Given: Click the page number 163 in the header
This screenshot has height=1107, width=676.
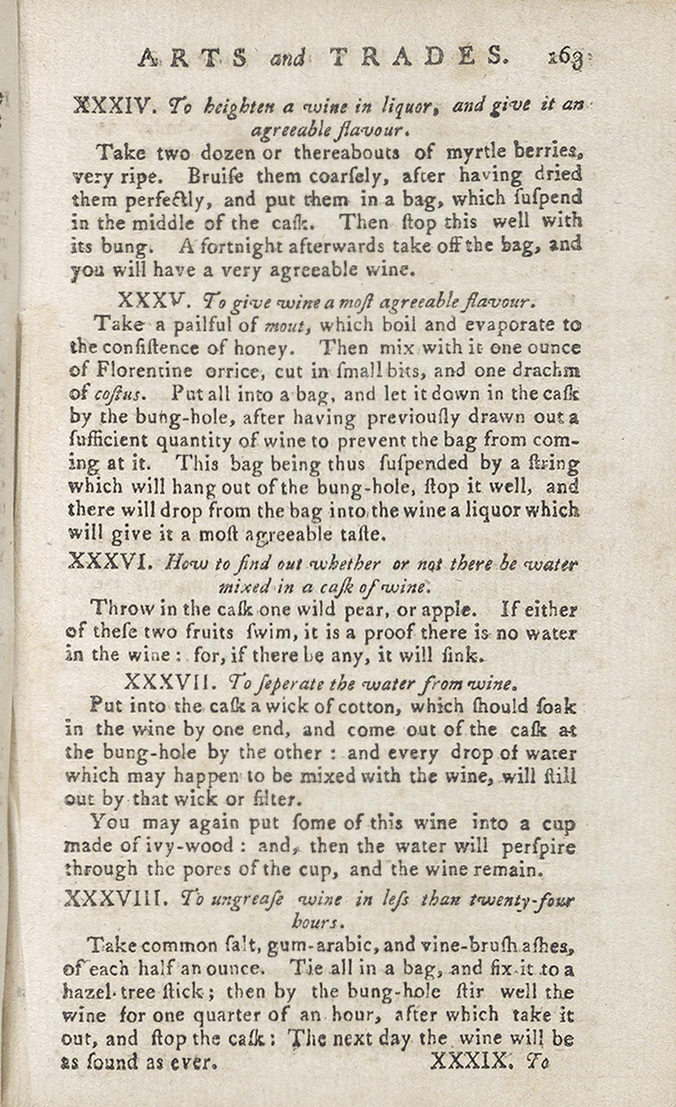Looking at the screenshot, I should [x=565, y=57].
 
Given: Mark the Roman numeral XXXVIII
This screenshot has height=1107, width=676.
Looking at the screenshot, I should [x=115, y=898].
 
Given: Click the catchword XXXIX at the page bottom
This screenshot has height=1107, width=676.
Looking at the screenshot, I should [x=472, y=1060].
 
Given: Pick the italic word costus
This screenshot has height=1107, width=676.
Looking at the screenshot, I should [x=118, y=395].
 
